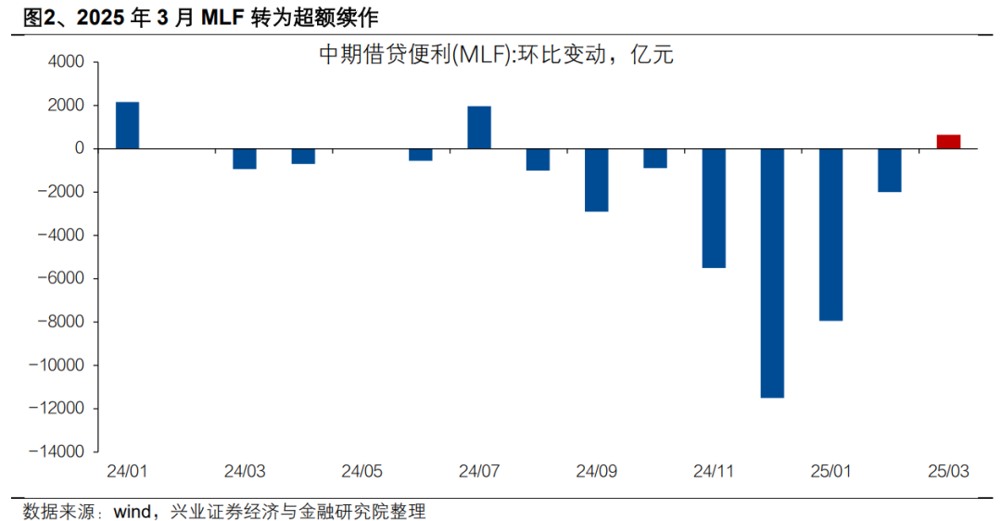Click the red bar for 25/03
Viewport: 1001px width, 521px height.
947,142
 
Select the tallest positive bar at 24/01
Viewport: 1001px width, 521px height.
127,125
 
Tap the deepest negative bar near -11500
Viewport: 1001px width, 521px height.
772,273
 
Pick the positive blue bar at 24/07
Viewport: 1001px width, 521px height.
479,127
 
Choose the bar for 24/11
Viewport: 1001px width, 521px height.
714,208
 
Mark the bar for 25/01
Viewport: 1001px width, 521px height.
830,235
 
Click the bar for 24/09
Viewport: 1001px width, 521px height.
596,180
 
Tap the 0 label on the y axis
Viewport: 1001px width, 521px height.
80,148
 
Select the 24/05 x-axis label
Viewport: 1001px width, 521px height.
361,472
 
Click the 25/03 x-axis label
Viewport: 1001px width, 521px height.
947,472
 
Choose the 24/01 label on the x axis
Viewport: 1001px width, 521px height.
127,472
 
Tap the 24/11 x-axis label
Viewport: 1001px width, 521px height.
714,472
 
